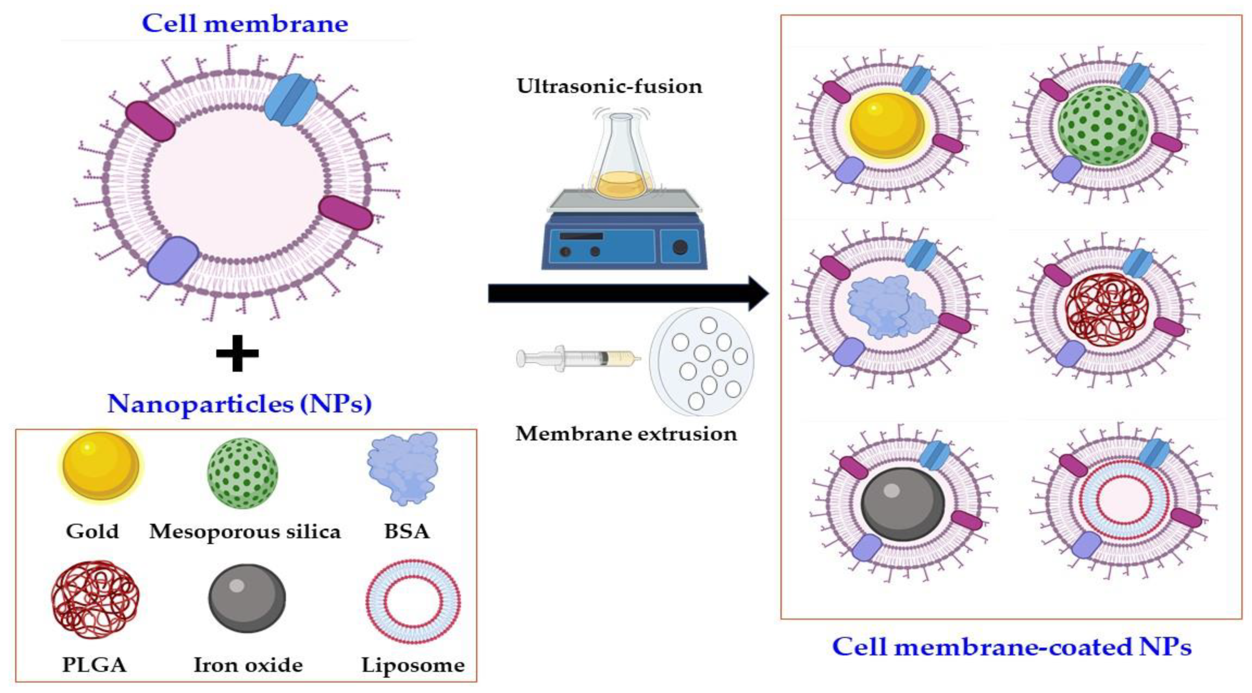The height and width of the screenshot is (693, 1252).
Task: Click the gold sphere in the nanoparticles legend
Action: (x=101, y=466)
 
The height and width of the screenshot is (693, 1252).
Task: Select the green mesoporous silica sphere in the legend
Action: (x=242, y=473)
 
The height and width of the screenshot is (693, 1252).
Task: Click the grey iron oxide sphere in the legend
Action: (x=247, y=598)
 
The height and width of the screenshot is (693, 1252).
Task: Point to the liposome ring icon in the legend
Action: (x=413, y=601)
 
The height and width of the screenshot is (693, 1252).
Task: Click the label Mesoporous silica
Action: (x=245, y=531)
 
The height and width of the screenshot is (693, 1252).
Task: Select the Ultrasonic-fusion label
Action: (x=609, y=86)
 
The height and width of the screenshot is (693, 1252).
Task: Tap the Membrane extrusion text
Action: (x=626, y=433)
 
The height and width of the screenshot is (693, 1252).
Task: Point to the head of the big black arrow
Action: (x=758, y=293)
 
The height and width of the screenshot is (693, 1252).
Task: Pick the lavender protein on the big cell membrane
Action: (x=173, y=260)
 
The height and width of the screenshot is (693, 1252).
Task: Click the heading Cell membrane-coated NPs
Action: (x=1012, y=647)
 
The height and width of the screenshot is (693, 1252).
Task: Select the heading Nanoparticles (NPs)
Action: (x=240, y=403)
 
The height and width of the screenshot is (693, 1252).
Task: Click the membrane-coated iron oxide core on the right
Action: (x=903, y=504)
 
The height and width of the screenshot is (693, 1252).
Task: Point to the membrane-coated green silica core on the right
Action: (x=1103, y=126)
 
